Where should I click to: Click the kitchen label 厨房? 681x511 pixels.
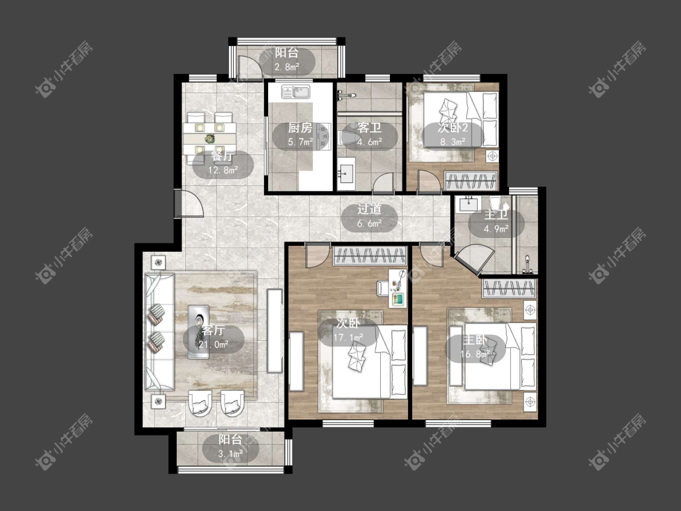pyautogui.click(x=300, y=128)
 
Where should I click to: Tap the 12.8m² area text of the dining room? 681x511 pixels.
pyautogui.click(x=223, y=170)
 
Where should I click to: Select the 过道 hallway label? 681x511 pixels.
pyautogui.click(x=369, y=209)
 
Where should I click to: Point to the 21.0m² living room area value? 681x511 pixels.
pyautogui.click(x=213, y=345)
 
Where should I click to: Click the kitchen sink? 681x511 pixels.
pyautogui.click(x=296, y=91)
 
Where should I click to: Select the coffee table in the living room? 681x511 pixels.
pyautogui.click(x=199, y=332)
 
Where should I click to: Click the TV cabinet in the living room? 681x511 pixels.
pyautogui.click(x=274, y=331)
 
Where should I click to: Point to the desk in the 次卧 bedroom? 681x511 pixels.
pyautogui.click(x=397, y=288)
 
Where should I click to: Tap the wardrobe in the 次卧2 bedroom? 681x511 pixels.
pyautogui.click(x=471, y=181)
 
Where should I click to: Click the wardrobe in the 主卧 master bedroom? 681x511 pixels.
pyautogui.click(x=509, y=289)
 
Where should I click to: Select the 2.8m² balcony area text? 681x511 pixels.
pyautogui.click(x=286, y=67)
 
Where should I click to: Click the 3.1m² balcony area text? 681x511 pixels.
pyautogui.click(x=230, y=454)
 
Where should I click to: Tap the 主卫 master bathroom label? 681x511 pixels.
pyautogui.click(x=496, y=215)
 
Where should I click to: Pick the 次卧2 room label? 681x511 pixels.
pyautogui.click(x=453, y=128)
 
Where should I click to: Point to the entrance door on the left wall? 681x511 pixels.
pyautogui.click(x=189, y=203)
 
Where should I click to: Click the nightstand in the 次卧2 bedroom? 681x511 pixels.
pyautogui.click(x=492, y=156)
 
